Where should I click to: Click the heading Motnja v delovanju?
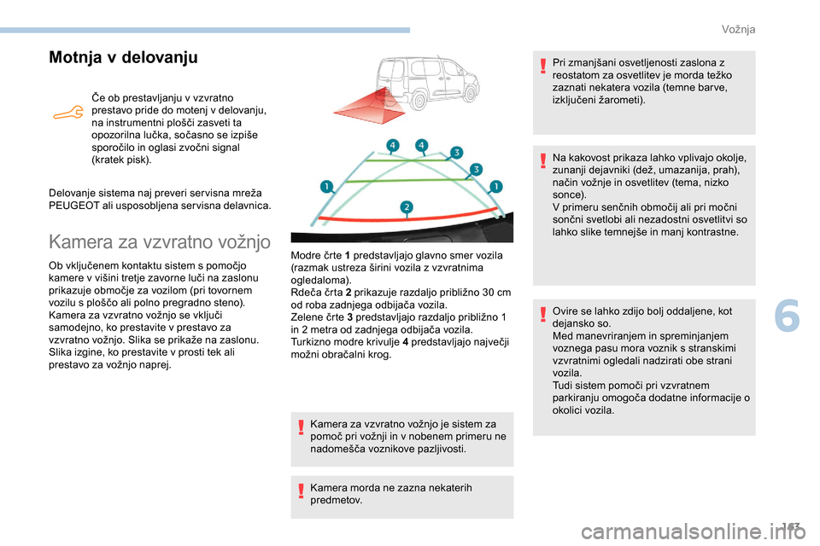click(x=123, y=58)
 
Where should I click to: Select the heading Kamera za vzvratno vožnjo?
click(x=160, y=242)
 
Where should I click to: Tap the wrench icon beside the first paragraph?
click(x=67, y=113)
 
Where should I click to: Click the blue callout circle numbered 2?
click(x=407, y=207)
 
